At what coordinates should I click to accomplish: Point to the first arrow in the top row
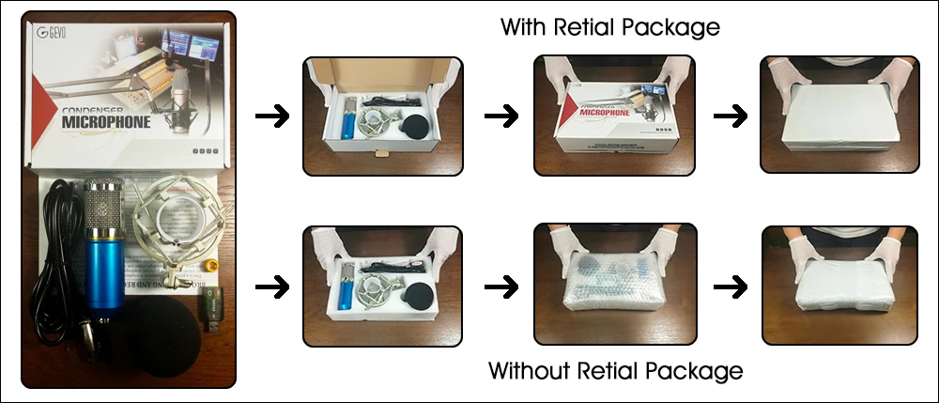pyautogui.click(x=272, y=116)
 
